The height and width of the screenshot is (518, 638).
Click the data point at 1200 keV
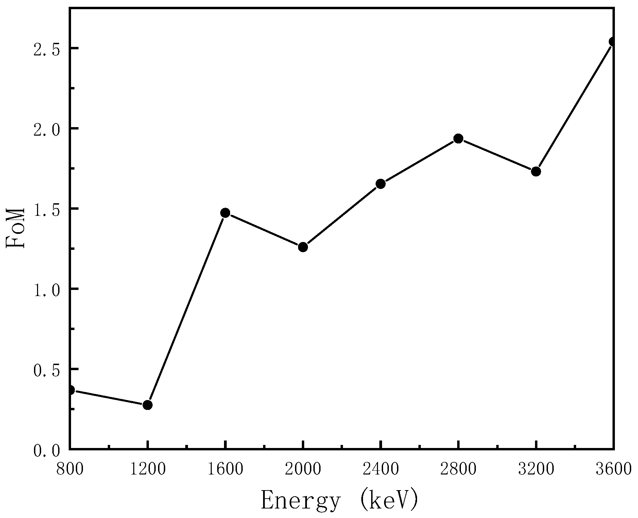(x=147, y=405)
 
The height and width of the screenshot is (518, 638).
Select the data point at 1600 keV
(x=225, y=213)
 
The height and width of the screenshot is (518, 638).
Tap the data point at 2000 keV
(x=303, y=247)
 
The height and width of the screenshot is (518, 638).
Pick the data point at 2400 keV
(x=380, y=184)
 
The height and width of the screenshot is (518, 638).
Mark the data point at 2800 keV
(x=458, y=138)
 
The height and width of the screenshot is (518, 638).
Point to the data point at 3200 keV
(x=536, y=171)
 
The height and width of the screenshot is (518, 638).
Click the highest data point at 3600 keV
(x=613, y=41)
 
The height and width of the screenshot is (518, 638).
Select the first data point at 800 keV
(x=71, y=390)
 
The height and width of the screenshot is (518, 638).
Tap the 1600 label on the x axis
(x=225, y=469)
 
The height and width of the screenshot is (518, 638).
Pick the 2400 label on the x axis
(x=380, y=469)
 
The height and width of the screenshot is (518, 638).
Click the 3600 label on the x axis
(x=613, y=469)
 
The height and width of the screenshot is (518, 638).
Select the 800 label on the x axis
(x=70, y=469)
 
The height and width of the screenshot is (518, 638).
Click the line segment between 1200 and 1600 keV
(x=186, y=309)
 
